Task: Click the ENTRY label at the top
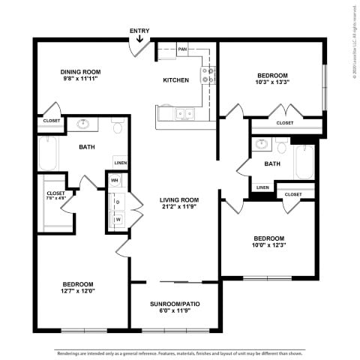click(139, 31)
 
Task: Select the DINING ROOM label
click(79, 72)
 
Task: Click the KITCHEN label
click(177, 79)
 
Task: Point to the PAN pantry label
click(182, 49)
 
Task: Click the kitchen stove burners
click(207, 74)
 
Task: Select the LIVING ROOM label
click(178, 199)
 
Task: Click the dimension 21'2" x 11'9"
click(178, 207)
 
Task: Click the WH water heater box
click(115, 181)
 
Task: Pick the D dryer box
click(118, 200)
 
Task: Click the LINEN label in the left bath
click(120, 163)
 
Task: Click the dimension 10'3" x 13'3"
click(272, 82)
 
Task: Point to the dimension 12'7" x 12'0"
click(78, 290)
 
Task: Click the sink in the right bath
click(261, 144)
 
